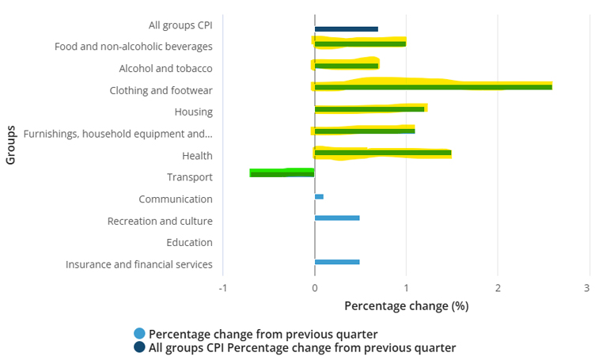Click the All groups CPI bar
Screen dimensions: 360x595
346,29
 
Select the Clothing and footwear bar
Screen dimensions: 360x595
433,86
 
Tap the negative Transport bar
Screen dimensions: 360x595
282,173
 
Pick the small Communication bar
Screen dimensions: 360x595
319,196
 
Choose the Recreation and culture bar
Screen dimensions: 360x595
337,218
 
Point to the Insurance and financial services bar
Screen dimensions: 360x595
337,261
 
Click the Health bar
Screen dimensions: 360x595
383,152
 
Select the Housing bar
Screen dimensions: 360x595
370,108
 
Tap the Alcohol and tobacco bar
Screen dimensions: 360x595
347,65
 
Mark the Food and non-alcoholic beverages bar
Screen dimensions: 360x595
360,44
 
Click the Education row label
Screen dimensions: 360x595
189,243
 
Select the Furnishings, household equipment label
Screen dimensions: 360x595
118,134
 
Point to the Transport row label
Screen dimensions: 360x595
189,177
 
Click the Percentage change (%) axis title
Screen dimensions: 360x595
407,305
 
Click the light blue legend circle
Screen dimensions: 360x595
140,333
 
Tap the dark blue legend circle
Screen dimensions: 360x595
140,347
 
